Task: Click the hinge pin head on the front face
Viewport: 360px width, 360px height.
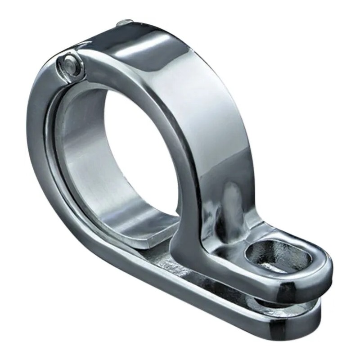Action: tap(71, 63)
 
